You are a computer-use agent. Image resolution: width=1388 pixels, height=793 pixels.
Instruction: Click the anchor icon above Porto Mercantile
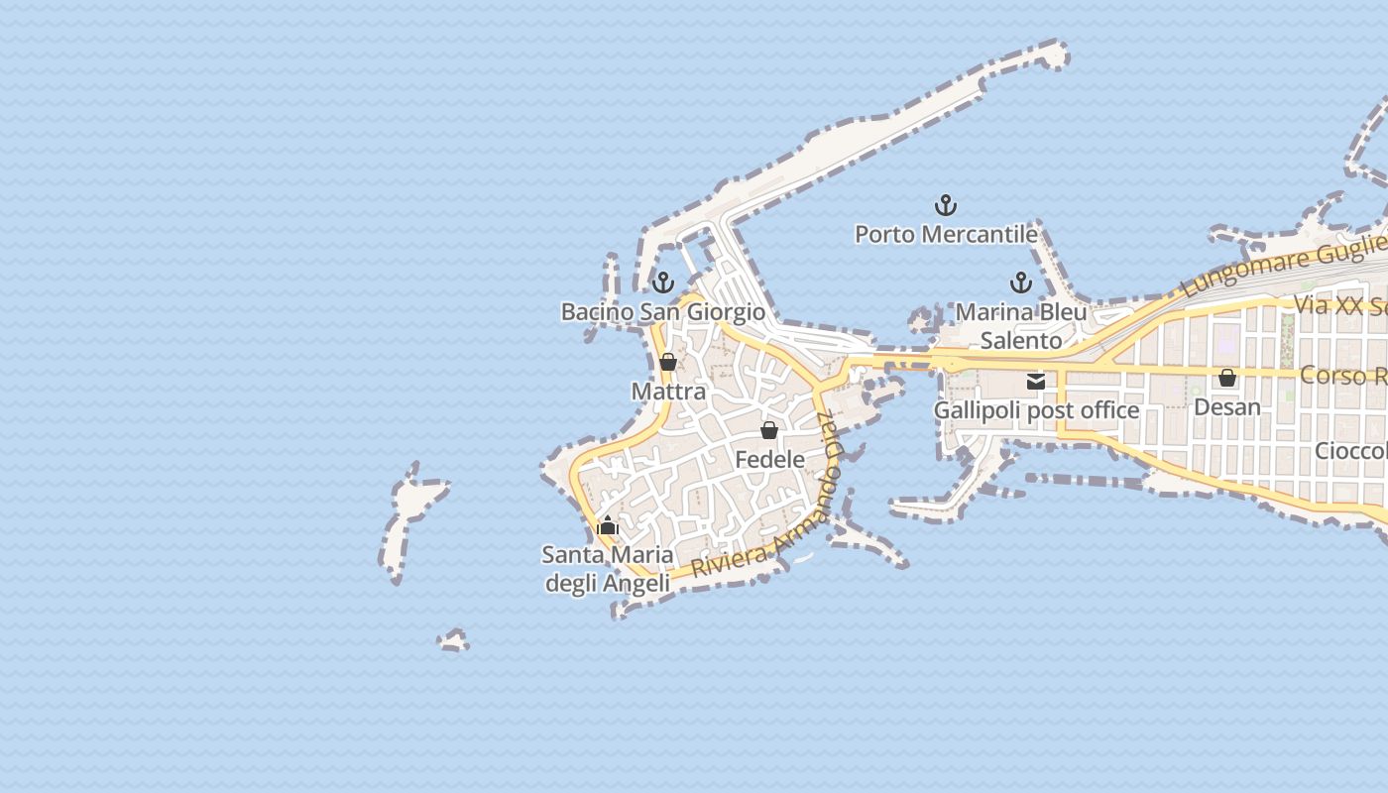click(x=946, y=205)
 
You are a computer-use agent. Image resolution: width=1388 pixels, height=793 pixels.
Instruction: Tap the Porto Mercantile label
click(x=946, y=235)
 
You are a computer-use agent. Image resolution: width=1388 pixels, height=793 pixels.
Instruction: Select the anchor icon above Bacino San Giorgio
click(x=663, y=283)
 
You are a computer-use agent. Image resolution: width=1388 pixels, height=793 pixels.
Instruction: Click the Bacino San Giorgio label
click(x=663, y=312)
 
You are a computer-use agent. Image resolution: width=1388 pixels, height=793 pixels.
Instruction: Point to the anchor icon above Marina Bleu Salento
click(x=1020, y=283)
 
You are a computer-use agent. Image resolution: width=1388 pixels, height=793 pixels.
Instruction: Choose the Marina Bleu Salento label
click(x=1021, y=326)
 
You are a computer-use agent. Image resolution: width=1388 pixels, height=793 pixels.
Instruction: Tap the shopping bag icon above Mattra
click(x=668, y=362)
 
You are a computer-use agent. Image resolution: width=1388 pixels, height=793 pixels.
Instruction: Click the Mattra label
click(x=668, y=392)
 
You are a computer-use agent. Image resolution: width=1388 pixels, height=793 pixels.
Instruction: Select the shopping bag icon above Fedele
click(x=769, y=430)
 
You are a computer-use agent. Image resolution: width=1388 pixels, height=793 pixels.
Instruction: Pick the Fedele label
click(x=769, y=460)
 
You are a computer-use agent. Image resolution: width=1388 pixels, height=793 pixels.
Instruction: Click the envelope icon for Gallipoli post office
click(x=1036, y=381)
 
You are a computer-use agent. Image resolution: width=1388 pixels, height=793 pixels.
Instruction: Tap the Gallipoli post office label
click(x=1036, y=410)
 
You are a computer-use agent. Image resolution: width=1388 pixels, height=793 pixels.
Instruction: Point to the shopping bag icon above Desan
click(x=1227, y=378)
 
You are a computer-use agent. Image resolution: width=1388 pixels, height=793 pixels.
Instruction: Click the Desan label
click(x=1227, y=407)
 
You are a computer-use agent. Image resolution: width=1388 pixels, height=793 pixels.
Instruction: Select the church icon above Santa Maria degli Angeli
click(x=608, y=525)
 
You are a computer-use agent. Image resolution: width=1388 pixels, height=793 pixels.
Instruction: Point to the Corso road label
click(x=1343, y=376)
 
